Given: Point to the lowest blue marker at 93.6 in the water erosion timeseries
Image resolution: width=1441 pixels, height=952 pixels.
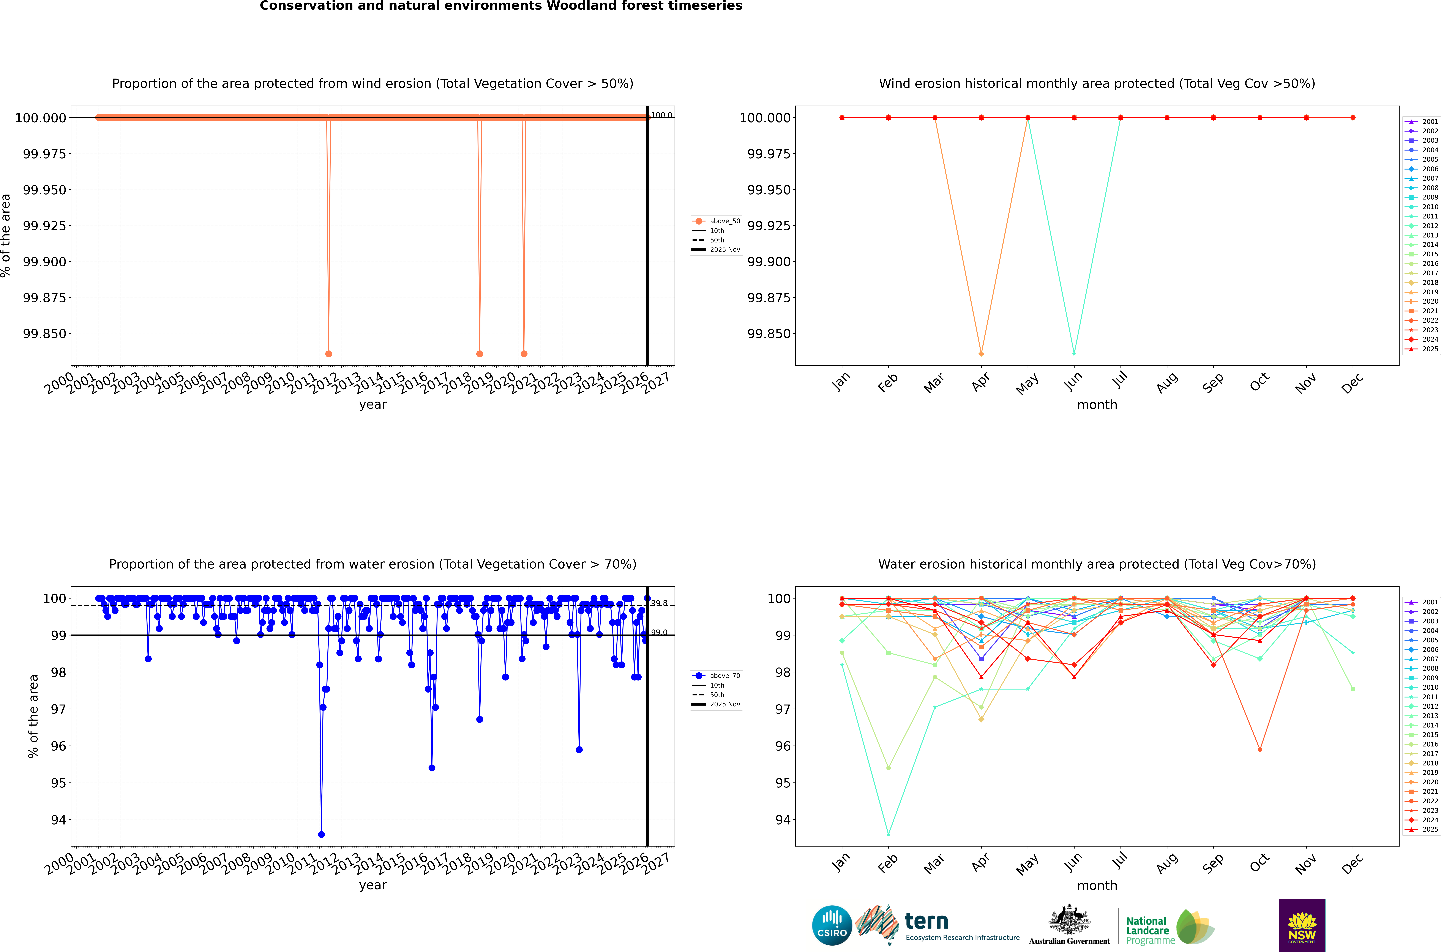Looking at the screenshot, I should [321, 834].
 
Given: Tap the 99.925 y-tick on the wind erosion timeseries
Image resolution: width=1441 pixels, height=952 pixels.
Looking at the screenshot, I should [44, 226].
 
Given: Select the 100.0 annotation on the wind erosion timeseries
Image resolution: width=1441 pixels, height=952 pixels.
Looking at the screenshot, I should [661, 115].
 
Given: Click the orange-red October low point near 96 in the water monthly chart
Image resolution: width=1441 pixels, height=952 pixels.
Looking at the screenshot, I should [1260, 749].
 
